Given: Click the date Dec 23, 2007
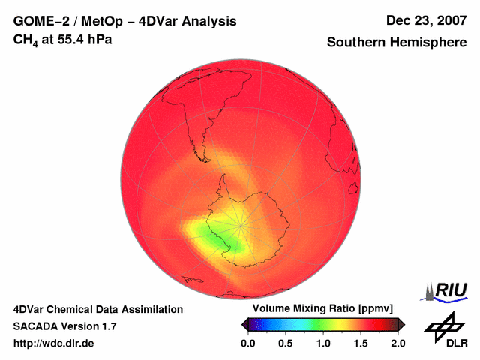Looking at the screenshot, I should [x=425, y=21].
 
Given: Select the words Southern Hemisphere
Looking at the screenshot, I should [x=397, y=43].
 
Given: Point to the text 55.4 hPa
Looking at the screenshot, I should [x=81, y=39].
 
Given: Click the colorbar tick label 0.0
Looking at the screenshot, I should [x=247, y=343].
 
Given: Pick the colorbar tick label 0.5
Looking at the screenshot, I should [x=285, y=343].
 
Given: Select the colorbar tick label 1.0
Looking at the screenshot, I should [x=323, y=343].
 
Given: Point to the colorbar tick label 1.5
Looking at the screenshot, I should [x=361, y=343].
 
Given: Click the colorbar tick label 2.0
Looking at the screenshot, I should [x=397, y=343].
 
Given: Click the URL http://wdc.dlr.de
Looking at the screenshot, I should [x=54, y=343].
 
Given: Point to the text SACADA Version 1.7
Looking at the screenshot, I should [x=64, y=326].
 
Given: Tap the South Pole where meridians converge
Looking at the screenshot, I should [x=241, y=224].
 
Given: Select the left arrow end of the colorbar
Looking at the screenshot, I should [x=244, y=324].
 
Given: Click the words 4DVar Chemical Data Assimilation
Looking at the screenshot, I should [x=97, y=309].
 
